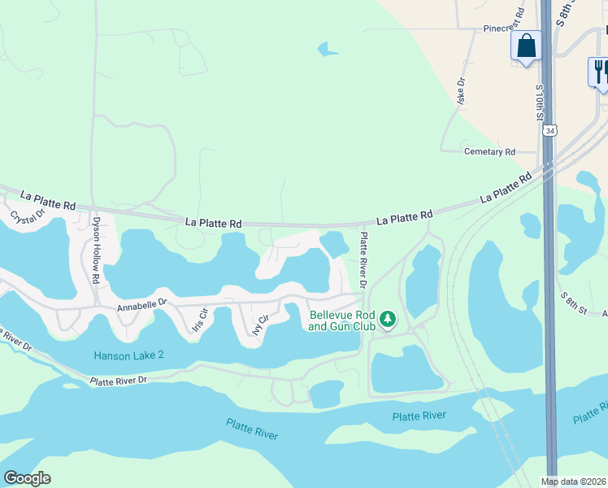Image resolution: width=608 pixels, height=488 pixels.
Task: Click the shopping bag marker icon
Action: [526, 46]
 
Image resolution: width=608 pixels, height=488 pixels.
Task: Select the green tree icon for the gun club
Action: [388, 319]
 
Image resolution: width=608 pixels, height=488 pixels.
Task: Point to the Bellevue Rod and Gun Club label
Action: [341, 320]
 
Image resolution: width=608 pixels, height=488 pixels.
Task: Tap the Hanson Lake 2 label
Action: [128, 355]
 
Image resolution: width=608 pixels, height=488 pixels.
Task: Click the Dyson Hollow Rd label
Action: [96, 237]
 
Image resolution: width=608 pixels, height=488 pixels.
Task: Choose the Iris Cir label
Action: [199, 319]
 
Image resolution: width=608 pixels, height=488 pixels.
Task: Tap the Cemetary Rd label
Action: [489, 152]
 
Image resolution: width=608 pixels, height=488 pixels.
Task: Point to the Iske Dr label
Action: [461, 89]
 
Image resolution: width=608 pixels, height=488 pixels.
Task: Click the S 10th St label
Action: [539, 101]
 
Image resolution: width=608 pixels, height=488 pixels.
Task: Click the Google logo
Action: [27, 478]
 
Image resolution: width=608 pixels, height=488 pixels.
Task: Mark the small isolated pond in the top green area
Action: [328, 50]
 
